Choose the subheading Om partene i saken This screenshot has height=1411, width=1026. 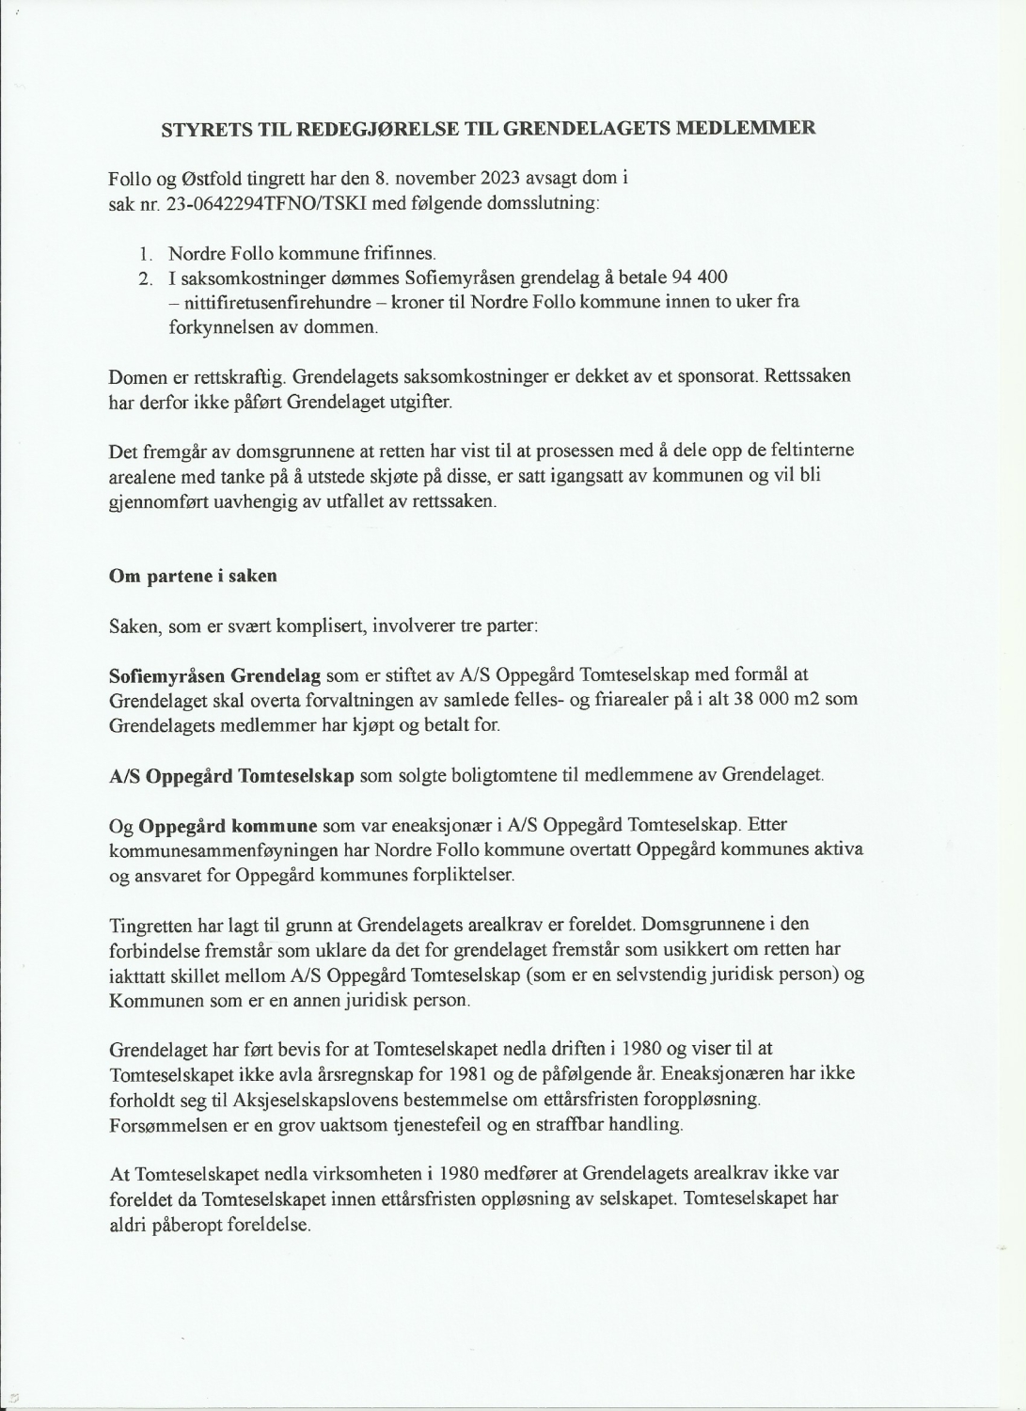click(x=193, y=576)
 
